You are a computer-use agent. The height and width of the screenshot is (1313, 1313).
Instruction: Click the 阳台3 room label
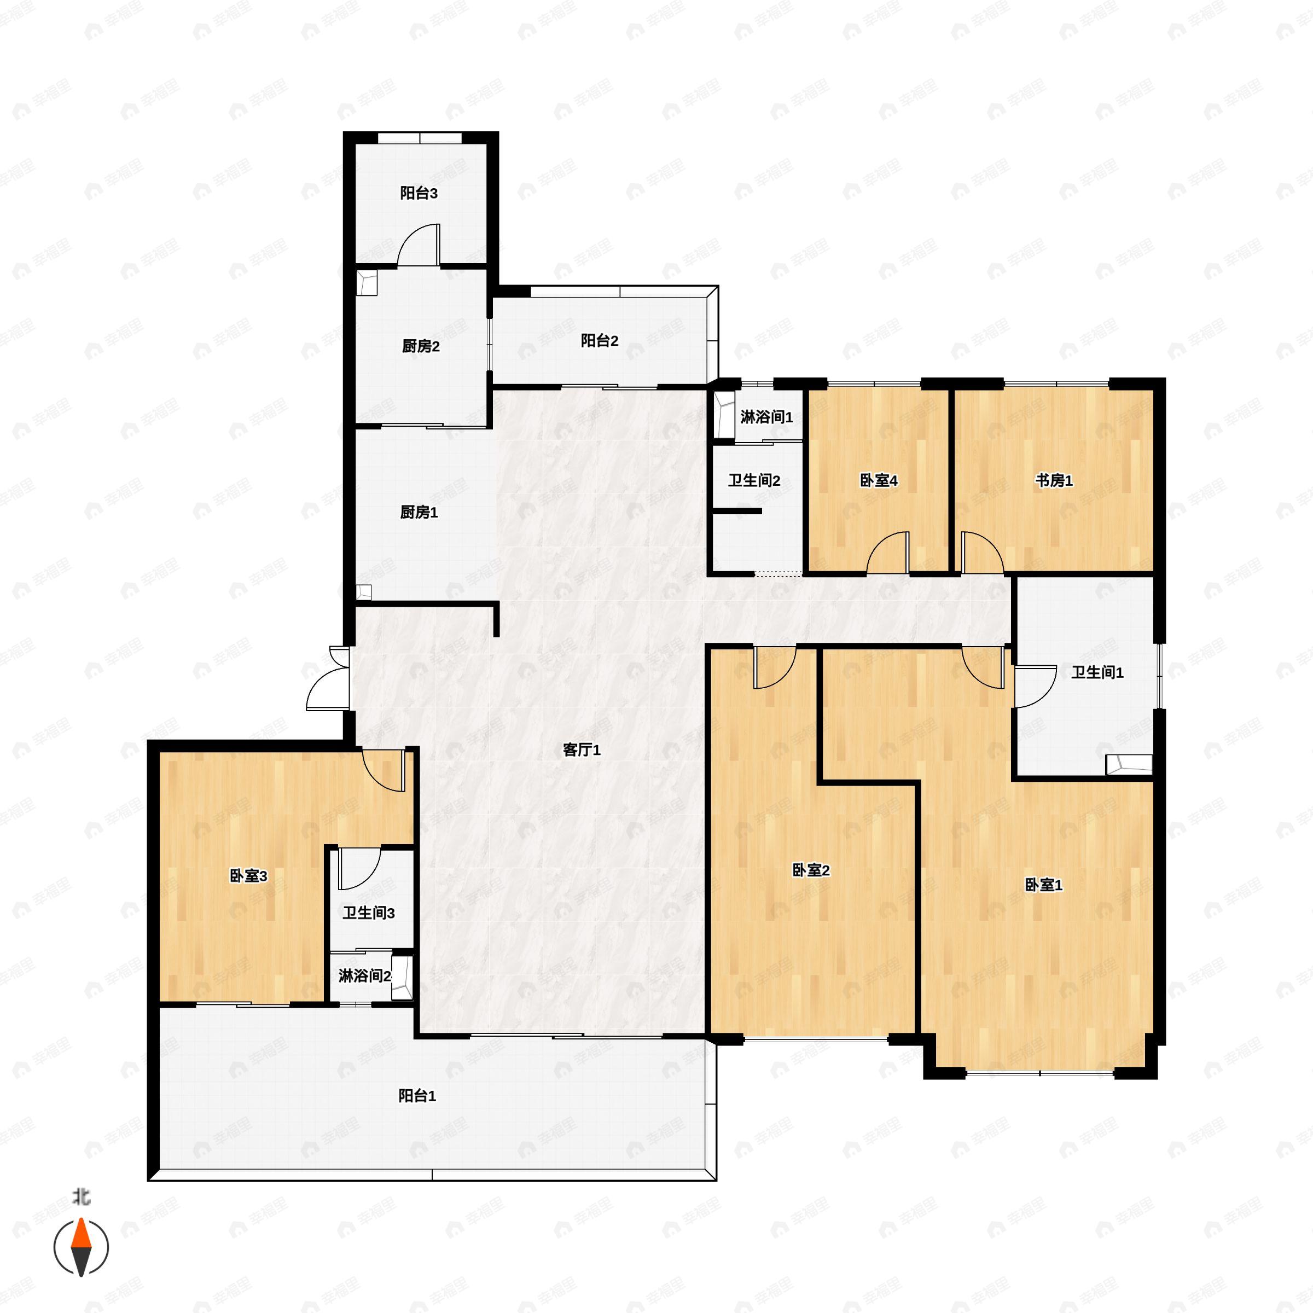(x=419, y=193)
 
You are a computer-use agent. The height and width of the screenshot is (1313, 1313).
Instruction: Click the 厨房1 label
(x=419, y=513)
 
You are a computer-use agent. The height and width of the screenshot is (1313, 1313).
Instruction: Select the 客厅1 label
(x=582, y=750)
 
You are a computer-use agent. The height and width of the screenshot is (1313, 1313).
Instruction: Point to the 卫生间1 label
(x=1097, y=673)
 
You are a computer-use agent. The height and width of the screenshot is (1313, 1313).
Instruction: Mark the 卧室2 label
(x=811, y=870)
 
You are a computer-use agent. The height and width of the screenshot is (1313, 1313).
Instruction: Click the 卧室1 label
(x=1044, y=885)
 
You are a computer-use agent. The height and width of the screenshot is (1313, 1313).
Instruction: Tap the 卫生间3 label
(x=368, y=913)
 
